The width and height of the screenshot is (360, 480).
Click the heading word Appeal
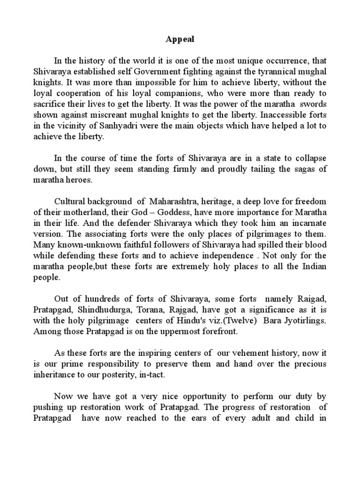pyautogui.click(x=180, y=40)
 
